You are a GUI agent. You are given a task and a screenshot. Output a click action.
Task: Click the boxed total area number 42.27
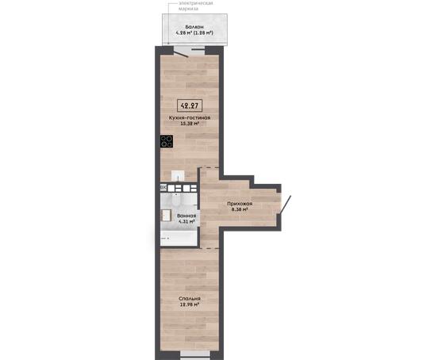pyautogui.click(x=190, y=106)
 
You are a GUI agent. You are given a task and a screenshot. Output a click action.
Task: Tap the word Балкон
pyautogui.click(x=194, y=27)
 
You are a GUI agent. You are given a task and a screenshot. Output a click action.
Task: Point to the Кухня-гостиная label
pyautogui.click(x=190, y=117)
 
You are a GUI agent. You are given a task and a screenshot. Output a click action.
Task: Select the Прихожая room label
pyautogui.click(x=240, y=204)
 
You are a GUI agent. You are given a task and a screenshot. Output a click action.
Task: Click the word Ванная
pyautogui.click(x=186, y=216)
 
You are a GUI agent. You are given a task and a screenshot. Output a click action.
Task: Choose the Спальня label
pyautogui.click(x=190, y=299)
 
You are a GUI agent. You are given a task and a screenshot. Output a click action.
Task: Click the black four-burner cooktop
pyautogui.click(x=167, y=141)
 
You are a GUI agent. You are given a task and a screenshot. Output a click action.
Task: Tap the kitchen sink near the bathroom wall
pyautogui.click(x=178, y=176)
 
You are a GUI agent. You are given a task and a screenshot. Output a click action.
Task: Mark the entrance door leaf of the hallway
pyautogui.click(x=285, y=204)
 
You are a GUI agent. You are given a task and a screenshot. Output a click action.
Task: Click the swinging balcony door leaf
pyautogui.click(x=181, y=53)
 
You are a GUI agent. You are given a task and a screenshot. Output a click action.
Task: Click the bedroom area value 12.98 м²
pyautogui.click(x=189, y=304)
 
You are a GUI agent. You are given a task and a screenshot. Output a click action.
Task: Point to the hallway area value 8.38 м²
pyautogui.click(x=240, y=209)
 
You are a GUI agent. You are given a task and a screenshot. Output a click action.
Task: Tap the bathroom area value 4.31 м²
pyautogui.click(x=186, y=221)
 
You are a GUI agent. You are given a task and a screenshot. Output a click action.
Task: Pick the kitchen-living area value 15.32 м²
pyautogui.click(x=190, y=124)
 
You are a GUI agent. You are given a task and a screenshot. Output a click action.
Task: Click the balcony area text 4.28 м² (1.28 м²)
pyautogui.click(x=194, y=33)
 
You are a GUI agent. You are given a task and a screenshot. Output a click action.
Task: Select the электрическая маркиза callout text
pyautogui.click(x=195, y=6)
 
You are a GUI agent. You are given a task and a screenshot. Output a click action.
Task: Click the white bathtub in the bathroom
pyautogui.click(x=179, y=239)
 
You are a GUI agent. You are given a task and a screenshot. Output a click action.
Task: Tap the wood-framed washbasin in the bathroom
pyautogui.click(x=166, y=215)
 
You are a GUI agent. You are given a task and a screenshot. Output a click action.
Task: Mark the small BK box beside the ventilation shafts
pyautogui.click(x=163, y=188)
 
